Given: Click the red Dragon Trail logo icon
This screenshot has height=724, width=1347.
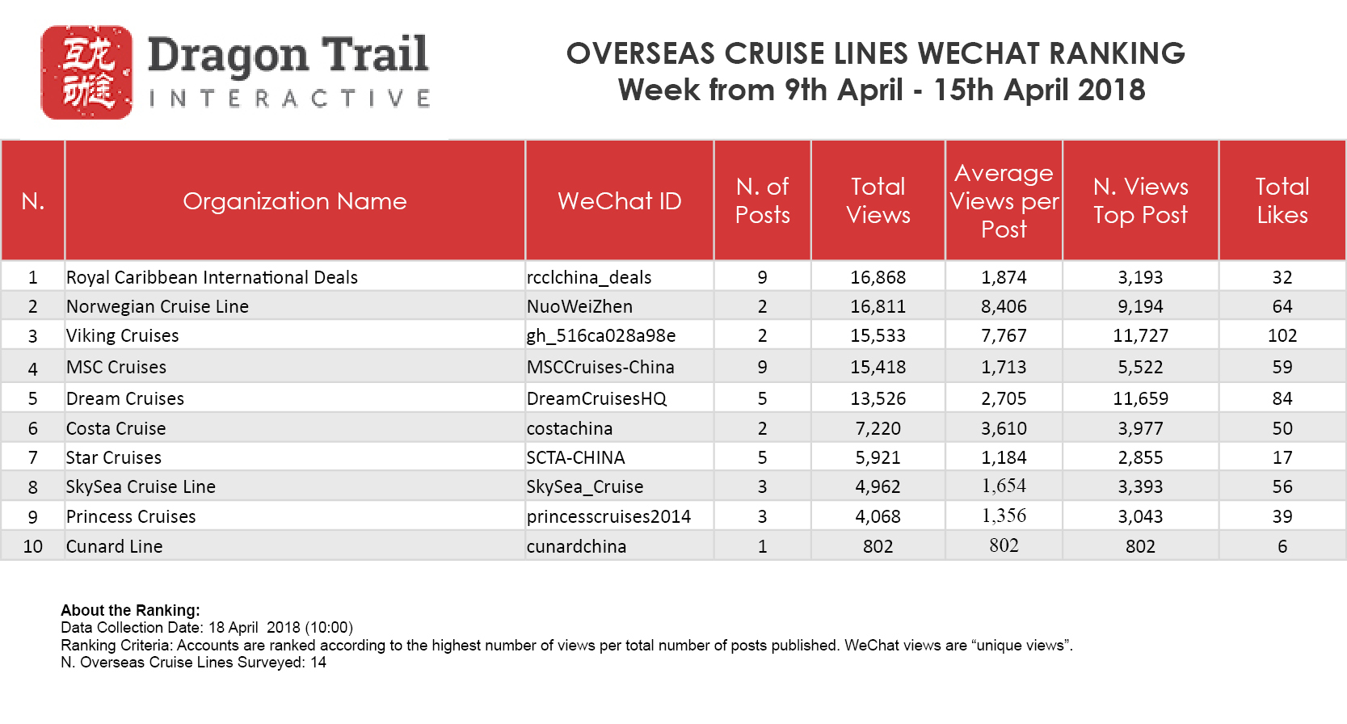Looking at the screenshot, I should (x=86, y=73).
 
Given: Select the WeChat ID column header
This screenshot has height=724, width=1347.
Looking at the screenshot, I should (x=619, y=201).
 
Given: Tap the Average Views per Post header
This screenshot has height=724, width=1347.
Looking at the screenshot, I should (x=1004, y=201).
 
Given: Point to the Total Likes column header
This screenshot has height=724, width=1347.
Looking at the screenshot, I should (x=1282, y=201).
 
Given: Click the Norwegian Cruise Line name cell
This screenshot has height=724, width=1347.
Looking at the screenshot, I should (x=158, y=307).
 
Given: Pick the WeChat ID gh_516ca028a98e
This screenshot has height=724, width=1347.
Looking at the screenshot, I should (x=601, y=336).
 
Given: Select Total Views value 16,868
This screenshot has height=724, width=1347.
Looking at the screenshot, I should (x=878, y=278).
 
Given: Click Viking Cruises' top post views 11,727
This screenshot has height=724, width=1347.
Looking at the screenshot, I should (x=1140, y=336).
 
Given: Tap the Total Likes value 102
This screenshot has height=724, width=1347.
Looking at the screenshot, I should (x=1282, y=336).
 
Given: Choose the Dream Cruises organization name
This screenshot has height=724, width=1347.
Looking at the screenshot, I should (x=125, y=399).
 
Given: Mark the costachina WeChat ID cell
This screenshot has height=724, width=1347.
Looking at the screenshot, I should (x=570, y=429).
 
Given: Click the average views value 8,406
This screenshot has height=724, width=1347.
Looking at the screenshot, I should (x=1004, y=307).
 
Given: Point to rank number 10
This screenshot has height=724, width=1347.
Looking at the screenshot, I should (x=33, y=547).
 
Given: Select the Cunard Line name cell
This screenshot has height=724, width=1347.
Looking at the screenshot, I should (x=115, y=547).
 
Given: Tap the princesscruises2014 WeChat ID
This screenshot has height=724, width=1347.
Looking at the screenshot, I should (x=608, y=517).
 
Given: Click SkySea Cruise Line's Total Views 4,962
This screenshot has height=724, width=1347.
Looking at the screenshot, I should (x=878, y=487).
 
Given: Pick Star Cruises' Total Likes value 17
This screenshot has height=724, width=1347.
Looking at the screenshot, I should (x=1282, y=458).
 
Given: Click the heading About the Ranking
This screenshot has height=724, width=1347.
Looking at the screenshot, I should (x=130, y=611).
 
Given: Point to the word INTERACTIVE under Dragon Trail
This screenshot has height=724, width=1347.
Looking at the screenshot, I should (x=289, y=99).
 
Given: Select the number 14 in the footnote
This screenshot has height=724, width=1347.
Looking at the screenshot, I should (x=318, y=663).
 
